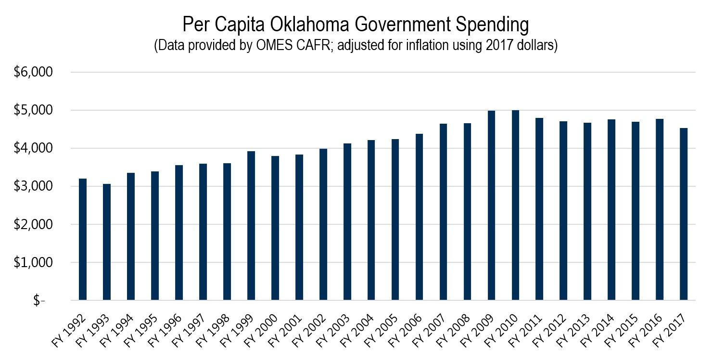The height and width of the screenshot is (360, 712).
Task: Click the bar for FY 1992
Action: [82, 240]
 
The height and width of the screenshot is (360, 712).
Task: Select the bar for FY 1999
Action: [251, 226]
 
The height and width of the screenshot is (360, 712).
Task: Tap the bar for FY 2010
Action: [515, 205]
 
